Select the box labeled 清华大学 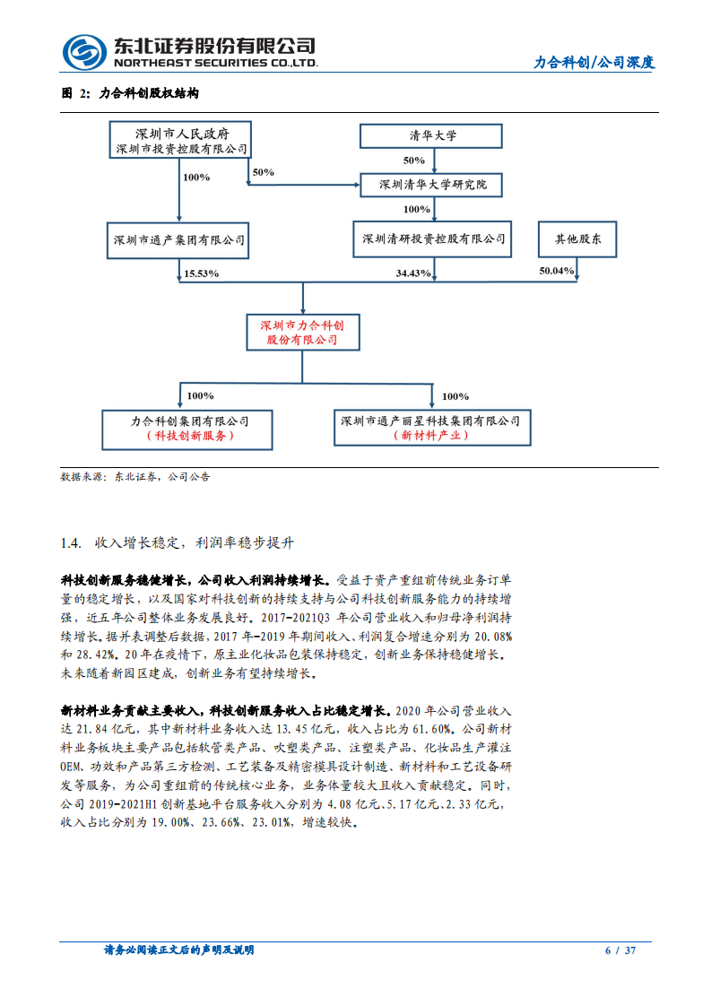[433, 135]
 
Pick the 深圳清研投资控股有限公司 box [433, 239]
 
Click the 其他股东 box [577, 239]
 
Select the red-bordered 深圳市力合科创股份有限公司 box [302, 333]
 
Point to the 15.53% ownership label [201, 272]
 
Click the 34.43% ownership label [413, 272]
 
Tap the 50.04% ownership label [556, 270]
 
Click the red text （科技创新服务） [189, 435]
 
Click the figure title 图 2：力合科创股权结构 [129, 93]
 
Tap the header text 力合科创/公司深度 [594, 63]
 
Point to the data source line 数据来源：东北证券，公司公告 [135, 477]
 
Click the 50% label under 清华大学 [413, 160]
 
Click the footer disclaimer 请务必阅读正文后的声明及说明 [179, 950]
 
